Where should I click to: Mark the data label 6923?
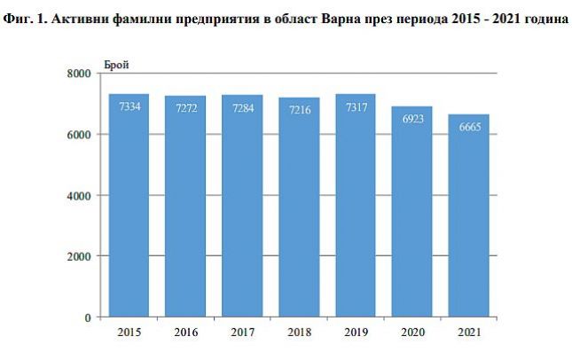tap(412, 119)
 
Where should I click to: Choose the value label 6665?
tap(469, 128)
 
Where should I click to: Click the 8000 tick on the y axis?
tap(80, 74)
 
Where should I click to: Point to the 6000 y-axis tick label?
tap(80, 135)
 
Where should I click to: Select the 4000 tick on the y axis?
tap(80, 195)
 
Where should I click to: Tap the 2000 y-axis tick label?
tap(80, 256)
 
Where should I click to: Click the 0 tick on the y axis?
tap(88, 317)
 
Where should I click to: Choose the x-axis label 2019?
tap(355, 333)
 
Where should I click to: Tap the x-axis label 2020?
tap(412, 333)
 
